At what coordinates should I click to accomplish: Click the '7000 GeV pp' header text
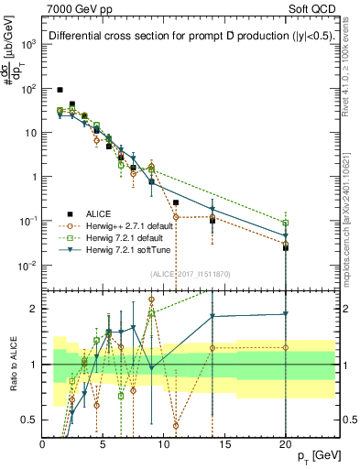(x=82, y=8)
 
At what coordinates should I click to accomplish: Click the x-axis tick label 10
(x=164, y=443)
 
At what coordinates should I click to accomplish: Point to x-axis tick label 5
(x=104, y=443)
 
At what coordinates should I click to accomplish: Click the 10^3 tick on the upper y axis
(x=28, y=44)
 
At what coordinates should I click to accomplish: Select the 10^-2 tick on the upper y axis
(x=27, y=266)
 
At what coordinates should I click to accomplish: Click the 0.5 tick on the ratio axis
(x=29, y=420)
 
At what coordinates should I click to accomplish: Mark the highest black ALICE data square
(x=60, y=90)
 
